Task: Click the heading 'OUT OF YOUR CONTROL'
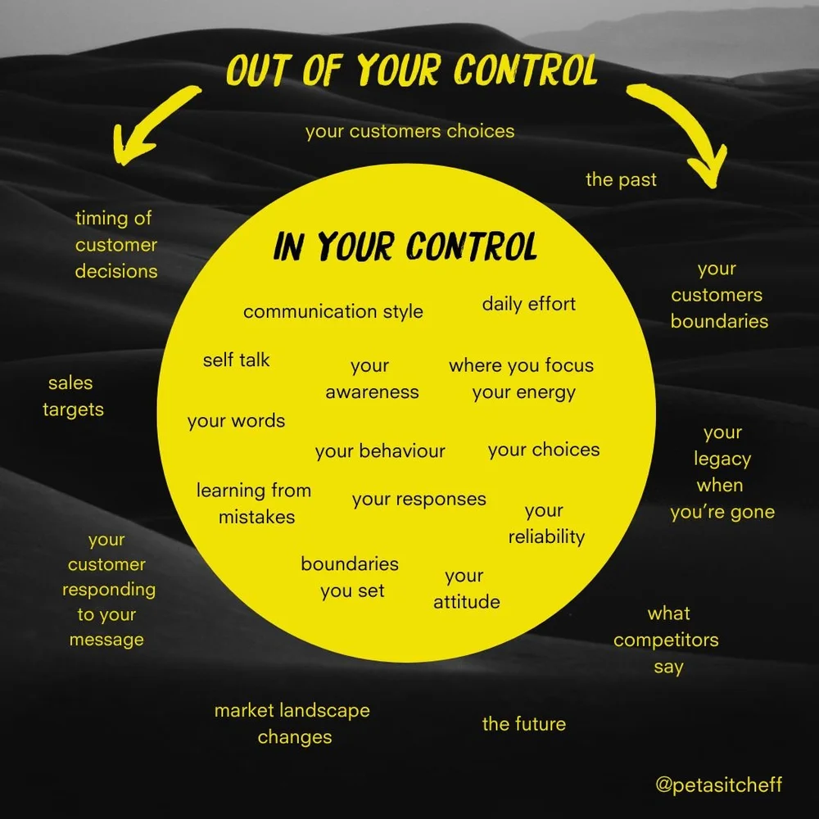(411, 72)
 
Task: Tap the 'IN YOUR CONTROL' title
(405, 246)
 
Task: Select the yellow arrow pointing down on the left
(156, 127)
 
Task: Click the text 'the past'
(621, 179)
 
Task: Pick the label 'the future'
(523, 724)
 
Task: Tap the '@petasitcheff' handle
(718, 785)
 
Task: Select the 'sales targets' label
(73, 396)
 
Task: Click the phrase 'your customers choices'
(409, 131)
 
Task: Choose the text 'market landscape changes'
(292, 723)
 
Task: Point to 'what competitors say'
(666, 640)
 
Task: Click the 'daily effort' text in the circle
(528, 304)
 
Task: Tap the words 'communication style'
(333, 311)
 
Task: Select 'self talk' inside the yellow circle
(236, 360)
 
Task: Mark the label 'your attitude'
(466, 589)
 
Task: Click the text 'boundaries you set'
(351, 577)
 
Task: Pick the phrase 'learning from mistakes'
(254, 504)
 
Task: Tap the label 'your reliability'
(545, 524)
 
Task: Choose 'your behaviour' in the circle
(380, 450)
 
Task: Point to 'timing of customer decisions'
(115, 244)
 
